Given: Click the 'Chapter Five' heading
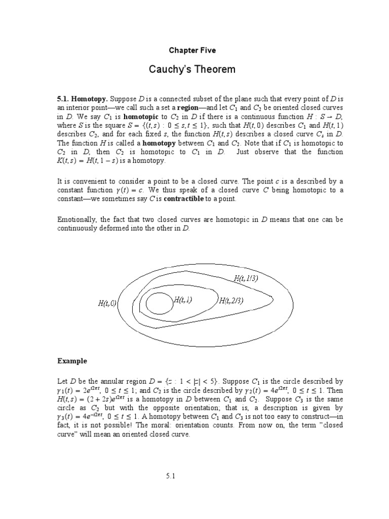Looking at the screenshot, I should point(192,50).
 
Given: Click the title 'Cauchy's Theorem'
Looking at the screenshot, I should point(192,69).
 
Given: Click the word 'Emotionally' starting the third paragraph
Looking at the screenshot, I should point(75,219).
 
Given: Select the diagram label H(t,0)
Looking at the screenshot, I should point(107,304).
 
